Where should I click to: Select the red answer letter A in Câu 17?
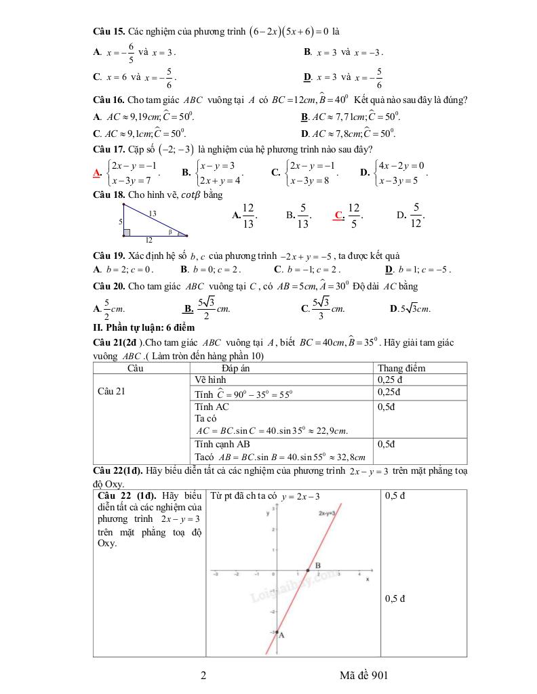(x=96, y=172)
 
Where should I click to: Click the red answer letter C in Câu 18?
(x=338, y=216)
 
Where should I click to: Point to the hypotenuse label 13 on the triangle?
(x=153, y=213)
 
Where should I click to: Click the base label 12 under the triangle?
(x=148, y=240)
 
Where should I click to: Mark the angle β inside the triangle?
(x=172, y=231)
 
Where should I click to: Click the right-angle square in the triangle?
(x=126, y=232)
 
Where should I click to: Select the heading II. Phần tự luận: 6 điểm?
(x=144, y=327)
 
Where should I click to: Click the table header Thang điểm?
(x=401, y=368)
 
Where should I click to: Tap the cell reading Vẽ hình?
(x=210, y=380)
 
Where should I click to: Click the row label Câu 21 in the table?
(x=111, y=391)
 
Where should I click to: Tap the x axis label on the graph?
(x=367, y=580)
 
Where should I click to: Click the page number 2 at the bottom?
(x=203, y=676)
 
